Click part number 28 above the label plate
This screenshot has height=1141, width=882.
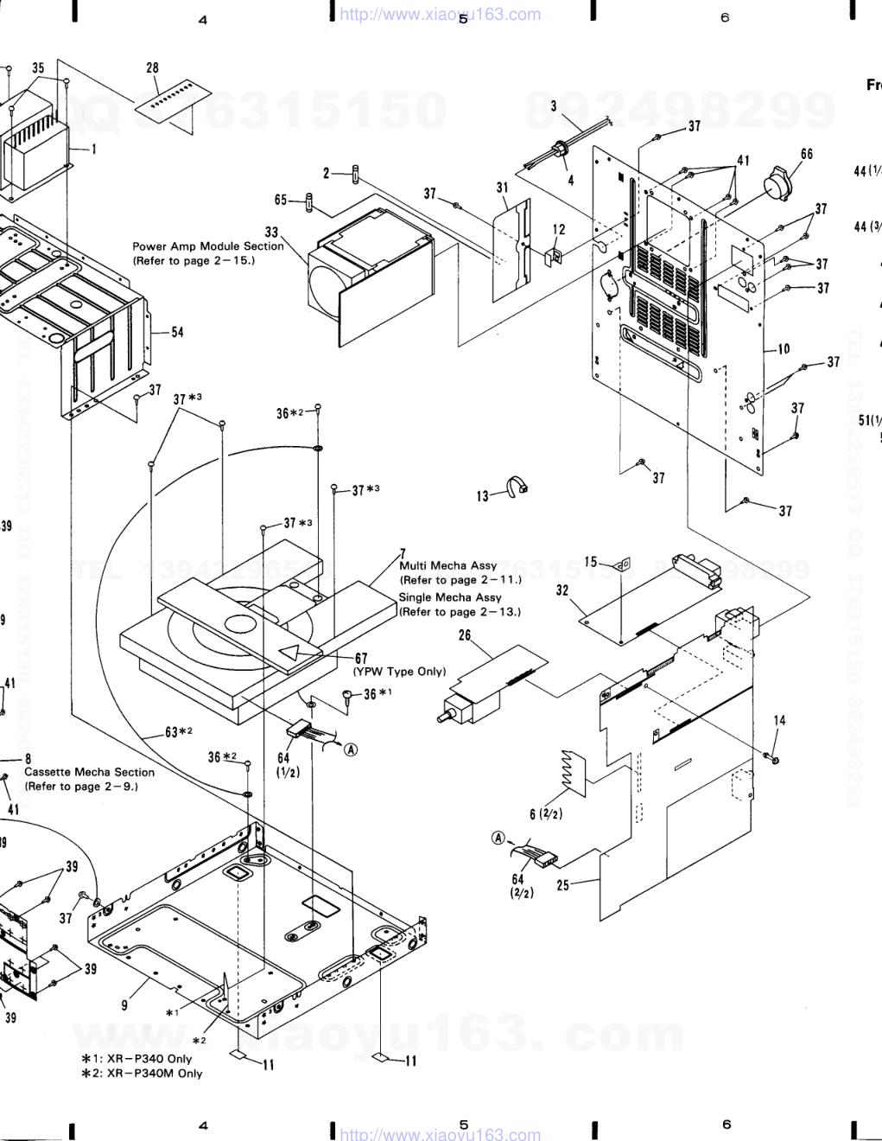[x=152, y=68]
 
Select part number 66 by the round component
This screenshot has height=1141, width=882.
[x=806, y=155]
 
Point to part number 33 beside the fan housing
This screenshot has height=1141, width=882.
[x=271, y=232]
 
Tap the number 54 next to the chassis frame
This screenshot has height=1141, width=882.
[x=177, y=332]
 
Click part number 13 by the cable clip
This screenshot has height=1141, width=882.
[x=482, y=496]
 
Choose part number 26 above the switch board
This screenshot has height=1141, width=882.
[x=465, y=635]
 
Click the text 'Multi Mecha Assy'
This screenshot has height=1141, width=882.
[x=447, y=565]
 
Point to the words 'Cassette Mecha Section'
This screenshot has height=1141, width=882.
[x=89, y=772]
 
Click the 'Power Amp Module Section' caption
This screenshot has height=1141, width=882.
[x=207, y=246]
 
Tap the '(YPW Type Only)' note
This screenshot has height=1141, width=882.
[x=398, y=672]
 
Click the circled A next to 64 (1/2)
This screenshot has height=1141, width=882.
[x=351, y=749]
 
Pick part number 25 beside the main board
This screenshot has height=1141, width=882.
[x=563, y=885]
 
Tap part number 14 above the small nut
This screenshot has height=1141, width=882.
[x=779, y=720]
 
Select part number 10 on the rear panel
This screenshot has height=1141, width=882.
[x=783, y=349]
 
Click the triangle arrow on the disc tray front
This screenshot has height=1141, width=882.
[x=294, y=653]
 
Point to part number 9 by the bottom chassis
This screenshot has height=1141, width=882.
[x=124, y=1004]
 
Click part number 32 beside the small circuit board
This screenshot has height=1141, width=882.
[x=562, y=590]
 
